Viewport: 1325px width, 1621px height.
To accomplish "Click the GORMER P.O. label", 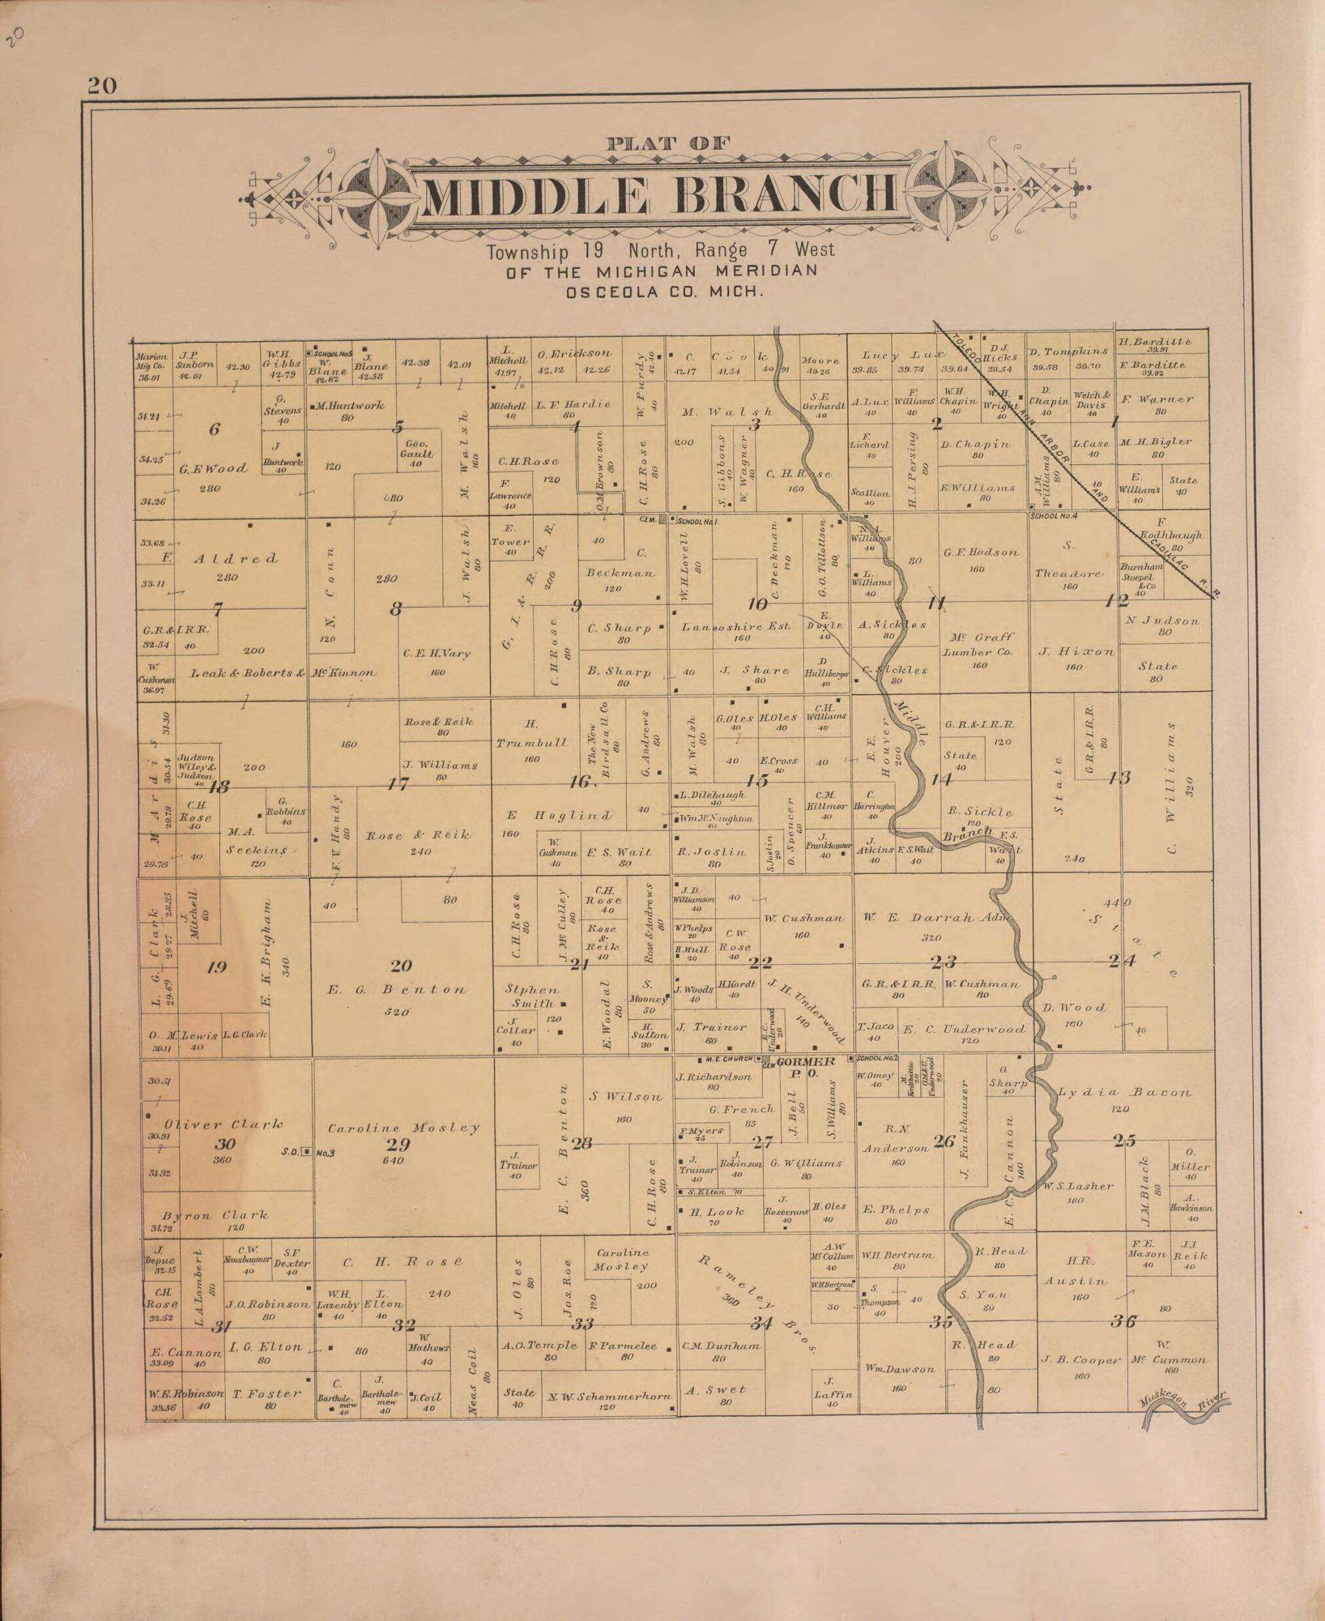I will point(805,1066).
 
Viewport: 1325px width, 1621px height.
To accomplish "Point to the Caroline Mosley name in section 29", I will point(404,1127).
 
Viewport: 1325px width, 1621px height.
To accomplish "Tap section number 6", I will point(214,430).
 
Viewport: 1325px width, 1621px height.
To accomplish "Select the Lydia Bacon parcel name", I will point(1124,1092).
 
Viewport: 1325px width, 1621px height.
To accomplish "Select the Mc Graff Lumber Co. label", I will point(981,645).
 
